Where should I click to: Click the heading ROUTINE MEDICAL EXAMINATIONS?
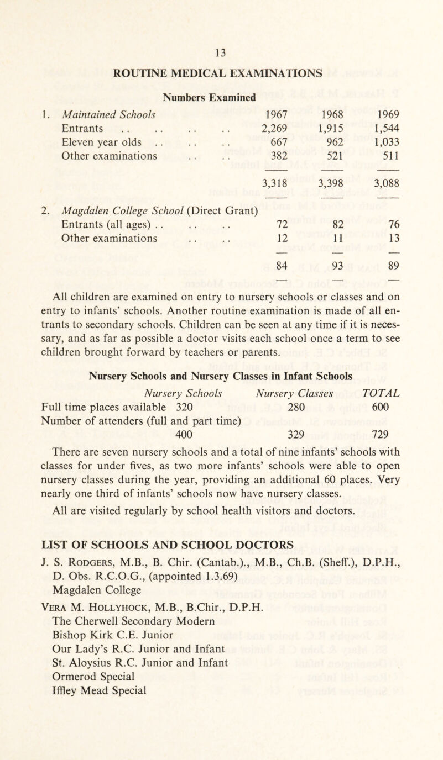[222, 72]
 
